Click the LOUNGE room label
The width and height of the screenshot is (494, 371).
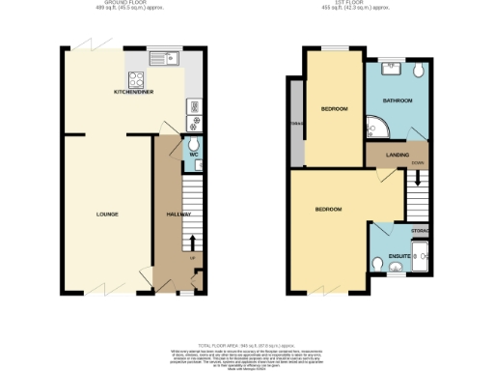click(106, 213)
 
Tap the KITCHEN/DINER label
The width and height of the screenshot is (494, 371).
click(135, 93)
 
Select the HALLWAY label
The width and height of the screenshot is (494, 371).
click(179, 214)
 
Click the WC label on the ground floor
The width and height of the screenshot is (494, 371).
click(193, 154)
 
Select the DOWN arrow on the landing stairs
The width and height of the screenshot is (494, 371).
click(418, 177)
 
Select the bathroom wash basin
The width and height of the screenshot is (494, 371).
click(393, 68)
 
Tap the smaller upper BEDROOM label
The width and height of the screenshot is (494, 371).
click(334, 106)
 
